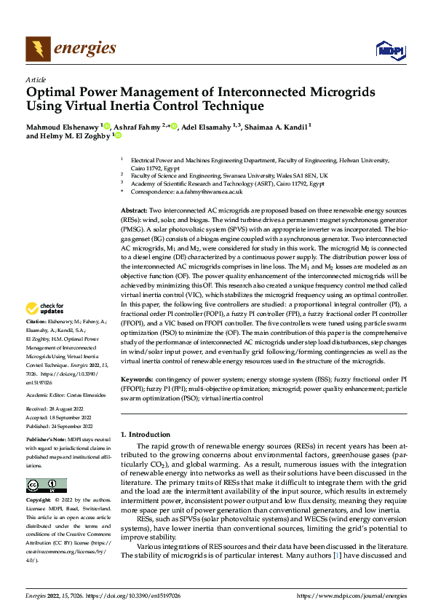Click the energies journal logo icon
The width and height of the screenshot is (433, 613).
point(36,50)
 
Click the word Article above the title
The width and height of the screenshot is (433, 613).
point(36,79)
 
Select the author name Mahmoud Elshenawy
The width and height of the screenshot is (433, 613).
point(62,125)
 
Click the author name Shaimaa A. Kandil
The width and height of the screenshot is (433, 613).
point(279,125)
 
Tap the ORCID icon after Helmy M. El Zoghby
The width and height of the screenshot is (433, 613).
point(118,135)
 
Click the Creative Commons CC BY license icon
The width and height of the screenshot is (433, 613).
point(46,486)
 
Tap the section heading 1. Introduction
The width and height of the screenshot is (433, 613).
point(146,434)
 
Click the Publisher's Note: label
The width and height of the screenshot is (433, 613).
point(45,441)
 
